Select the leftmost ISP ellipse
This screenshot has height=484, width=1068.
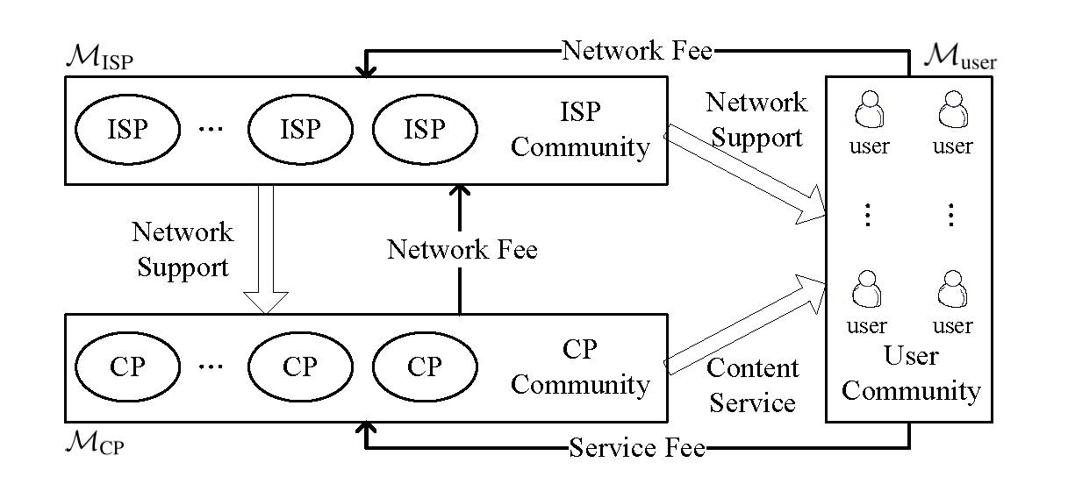127,130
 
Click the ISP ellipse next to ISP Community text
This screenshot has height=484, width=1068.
425,130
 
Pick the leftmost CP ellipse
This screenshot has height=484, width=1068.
127,367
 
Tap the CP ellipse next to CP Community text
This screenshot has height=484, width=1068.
425,367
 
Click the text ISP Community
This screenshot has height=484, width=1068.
580,129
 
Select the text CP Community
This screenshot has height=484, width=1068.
580,367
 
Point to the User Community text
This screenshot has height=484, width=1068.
910,374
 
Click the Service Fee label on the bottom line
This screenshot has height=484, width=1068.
637,449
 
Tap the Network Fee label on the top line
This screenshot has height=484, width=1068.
637,50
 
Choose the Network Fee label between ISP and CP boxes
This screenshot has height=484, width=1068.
462,250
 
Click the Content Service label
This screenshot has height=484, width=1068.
753,385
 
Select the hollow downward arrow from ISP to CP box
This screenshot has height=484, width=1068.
265,249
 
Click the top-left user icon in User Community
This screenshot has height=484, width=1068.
868,112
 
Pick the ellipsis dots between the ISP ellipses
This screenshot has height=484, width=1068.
211,130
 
